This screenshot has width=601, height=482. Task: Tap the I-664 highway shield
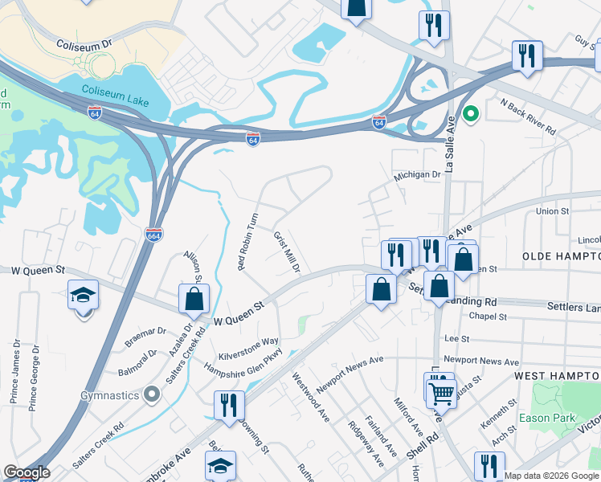pos(154,234)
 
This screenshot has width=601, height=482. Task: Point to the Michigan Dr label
pos(417,174)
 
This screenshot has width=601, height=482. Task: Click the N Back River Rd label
pos(527,116)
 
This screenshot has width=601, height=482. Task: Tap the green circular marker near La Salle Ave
pos(471,114)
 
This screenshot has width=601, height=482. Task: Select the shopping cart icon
pos(440,392)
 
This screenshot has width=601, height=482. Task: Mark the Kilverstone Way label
pos(248,347)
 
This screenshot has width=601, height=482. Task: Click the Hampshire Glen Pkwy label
pos(242,361)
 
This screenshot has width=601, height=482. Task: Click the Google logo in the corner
pos(27,472)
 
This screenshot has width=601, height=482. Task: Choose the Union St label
pos(552,211)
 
